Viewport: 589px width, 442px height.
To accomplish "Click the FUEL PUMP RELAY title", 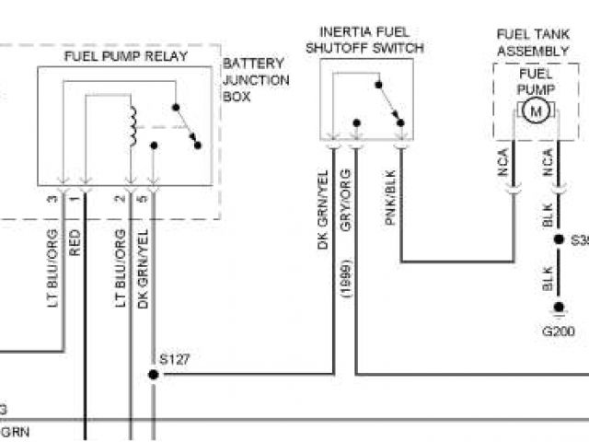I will click(x=126, y=56).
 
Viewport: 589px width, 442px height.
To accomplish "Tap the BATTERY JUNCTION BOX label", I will click(x=256, y=80).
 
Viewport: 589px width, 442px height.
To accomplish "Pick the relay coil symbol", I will click(x=133, y=126).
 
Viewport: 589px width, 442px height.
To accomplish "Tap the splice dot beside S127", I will click(x=153, y=375).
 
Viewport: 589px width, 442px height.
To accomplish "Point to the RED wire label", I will click(x=75, y=242).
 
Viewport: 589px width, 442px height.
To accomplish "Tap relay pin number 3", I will click(x=53, y=199).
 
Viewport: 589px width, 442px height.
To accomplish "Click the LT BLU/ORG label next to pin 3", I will click(x=52, y=268).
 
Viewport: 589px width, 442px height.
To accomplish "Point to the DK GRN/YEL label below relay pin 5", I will click(x=144, y=268).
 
